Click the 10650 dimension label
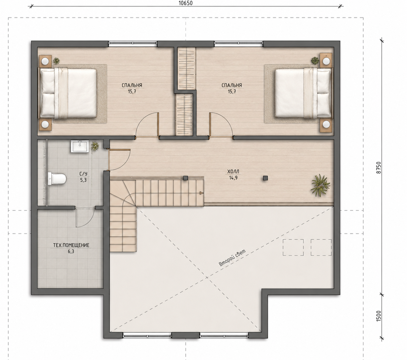(x=185, y=3)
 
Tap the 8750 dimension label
(x=378, y=168)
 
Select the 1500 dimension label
(x=378, y=316)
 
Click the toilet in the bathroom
(x=57, y=178)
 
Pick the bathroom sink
(x=80, y=146)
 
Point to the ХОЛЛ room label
(x=233, y=172)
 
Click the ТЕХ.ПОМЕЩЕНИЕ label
(x=71, y=245)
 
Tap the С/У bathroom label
(x=83, y=174)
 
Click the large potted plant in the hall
(x=320, y=185)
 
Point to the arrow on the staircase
(x=202, y=193)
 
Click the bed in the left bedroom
(x=68, y=93)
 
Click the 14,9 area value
(x=233, y=178)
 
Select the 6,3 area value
(x=71, y=251)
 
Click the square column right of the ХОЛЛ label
(x=265, y=178)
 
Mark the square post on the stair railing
(x=185, y=178)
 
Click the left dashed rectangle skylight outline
(x=293, y=247)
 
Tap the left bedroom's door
(x=158, y=125)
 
